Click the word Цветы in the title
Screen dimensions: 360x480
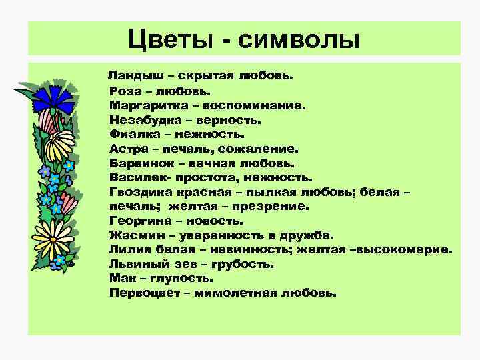167,39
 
